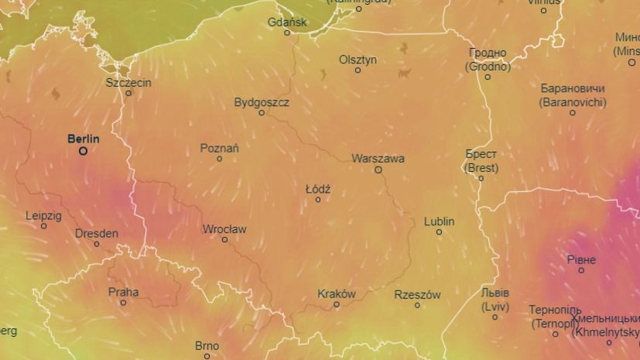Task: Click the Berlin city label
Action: point(84,139)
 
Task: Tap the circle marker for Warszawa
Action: point(378,170)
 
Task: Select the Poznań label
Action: point(219,148)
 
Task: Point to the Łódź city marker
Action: point(317,200)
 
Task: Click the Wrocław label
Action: point(224,229)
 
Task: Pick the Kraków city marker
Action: point(337,304)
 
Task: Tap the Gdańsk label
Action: point(287,22)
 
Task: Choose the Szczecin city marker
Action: point(128,93)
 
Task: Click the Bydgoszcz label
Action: point(262,102)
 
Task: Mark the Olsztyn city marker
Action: point(358,70)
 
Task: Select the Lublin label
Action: point(439,221)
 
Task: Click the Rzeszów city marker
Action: point(417,305)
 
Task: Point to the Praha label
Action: point(124,292)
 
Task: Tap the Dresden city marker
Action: point(97,244)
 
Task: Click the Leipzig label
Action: point(43,215)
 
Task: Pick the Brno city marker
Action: point(207,357)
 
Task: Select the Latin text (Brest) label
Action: point(481,167)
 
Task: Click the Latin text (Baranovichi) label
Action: point(573,101)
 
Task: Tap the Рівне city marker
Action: point(581,270)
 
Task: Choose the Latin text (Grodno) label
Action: point(488,67)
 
